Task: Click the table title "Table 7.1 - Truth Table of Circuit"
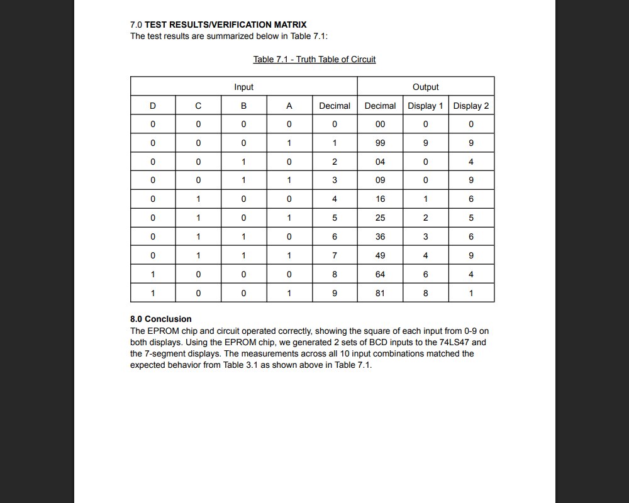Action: click(x=314, y=59)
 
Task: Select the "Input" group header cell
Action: click(x=243, y=87)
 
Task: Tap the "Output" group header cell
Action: click(x=425, y=87)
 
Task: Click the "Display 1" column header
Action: click(x=425, y=106)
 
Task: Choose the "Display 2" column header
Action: click(x=471, y=106)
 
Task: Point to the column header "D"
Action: click(x=153, y=106)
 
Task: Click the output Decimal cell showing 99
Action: click(x=380, y=143)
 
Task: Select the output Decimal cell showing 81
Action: click(x=380, y=293)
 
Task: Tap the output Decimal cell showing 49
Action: click(x=380, y=255)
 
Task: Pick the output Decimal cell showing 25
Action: click(x=380, y=218)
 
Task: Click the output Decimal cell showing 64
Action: click(x=380, y=274)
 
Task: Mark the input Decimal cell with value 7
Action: click(x=335, y=255)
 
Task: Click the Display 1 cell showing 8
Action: click(x=425, y=293)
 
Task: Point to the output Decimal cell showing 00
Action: click(x=380, y=124)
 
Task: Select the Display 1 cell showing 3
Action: click(x=425, y=236)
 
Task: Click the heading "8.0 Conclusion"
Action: click(x=160, y=319)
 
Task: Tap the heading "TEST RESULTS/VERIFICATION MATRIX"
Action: click(x=225, y=25)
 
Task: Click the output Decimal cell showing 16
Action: click(x=380, y=199)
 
